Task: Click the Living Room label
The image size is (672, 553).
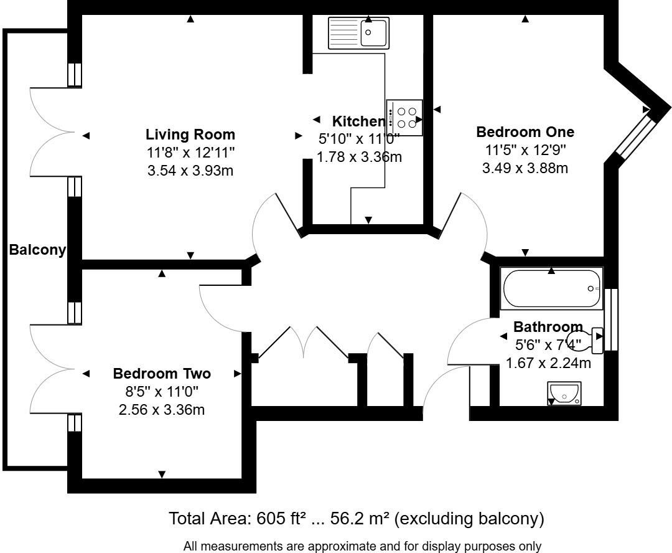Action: [190, 135]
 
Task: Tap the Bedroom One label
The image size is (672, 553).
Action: [525, 131]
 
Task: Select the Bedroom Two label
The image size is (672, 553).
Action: [162, 373]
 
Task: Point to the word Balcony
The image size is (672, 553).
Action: [38, 250]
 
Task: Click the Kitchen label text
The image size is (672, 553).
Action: [359, 121]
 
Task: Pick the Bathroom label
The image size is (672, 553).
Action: [548, 327]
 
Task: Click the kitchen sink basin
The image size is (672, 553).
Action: [373, 32]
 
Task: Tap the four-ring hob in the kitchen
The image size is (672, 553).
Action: [404, 118]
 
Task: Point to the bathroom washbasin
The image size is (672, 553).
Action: [564, 393]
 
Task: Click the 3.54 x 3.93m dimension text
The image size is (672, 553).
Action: [190, 171]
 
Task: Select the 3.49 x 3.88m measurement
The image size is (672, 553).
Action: [525, 168]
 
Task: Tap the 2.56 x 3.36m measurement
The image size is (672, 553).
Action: [162, 410]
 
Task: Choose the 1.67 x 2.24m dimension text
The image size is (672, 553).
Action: [548, 363]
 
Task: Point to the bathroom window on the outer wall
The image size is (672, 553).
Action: [611, 319]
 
